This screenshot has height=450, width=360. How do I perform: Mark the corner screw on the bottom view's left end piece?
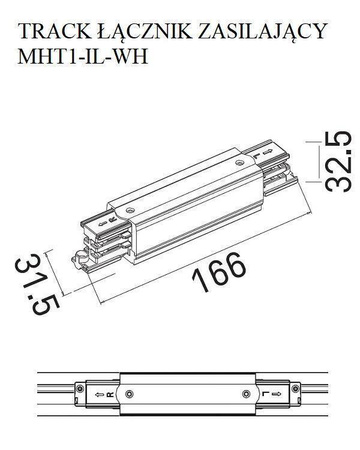coord(76,383)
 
